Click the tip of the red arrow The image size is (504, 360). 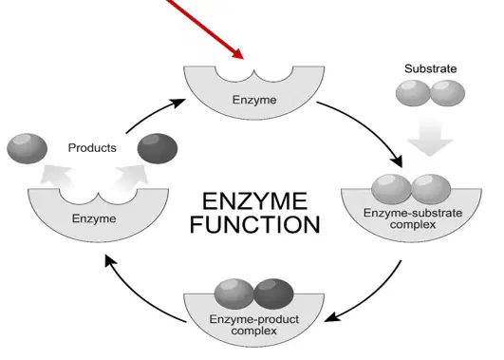tap(243, 59)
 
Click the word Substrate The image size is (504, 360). tap(430, 68)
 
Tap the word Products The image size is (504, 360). tap(92, 148)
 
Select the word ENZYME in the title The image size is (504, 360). tap(254, 201)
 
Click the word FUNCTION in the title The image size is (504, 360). tap(255, 224)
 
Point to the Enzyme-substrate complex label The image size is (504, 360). tap(413, 218)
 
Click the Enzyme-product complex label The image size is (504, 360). tap(254, 325)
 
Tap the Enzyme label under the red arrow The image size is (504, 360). tap(254, 100)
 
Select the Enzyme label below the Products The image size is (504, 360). tap(94, 218)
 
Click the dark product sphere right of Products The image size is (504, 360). tap(158, 148)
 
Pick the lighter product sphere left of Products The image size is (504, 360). tap(27, 148)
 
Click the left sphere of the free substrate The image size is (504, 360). tap(413, 93)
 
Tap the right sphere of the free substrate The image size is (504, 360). tap(447, 93)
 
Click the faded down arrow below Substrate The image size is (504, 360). tap(430, 137)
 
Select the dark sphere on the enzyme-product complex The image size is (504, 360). tap(273, 294)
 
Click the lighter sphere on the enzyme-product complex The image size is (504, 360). tap(234, 294)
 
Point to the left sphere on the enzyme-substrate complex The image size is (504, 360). tap(391, 189)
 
